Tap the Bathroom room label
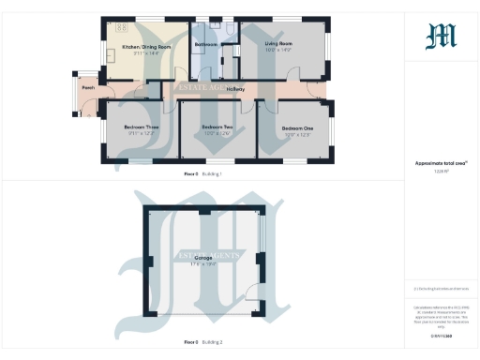click(205, 44)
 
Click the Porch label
click(87, 88)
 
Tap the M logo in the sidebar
click(441, 36)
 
